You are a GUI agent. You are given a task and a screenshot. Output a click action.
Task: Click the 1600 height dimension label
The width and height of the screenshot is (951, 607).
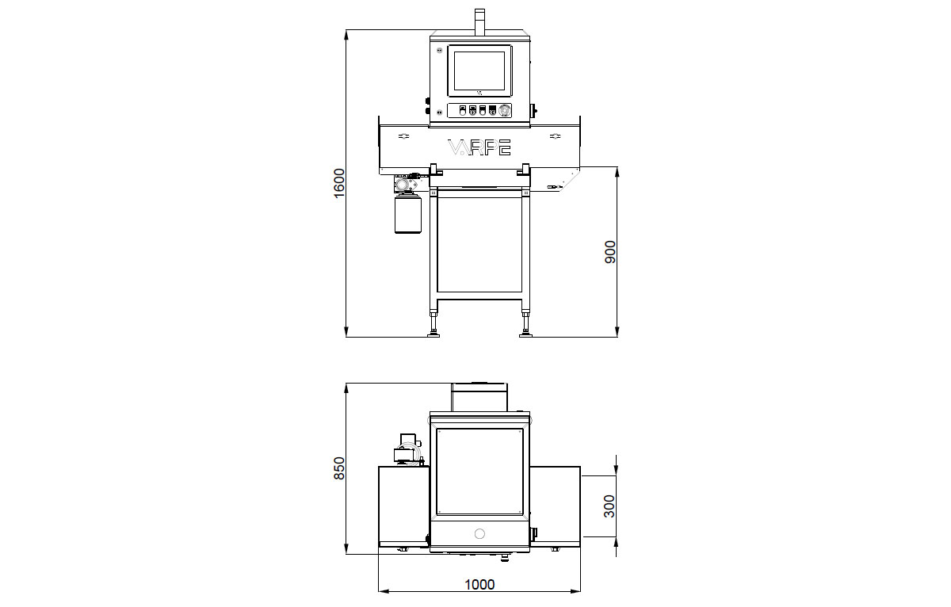pyautogui.click(x=339, y=183)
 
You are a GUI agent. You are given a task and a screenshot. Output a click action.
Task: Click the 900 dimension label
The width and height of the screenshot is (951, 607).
pyautogui.click(x=609, y=252)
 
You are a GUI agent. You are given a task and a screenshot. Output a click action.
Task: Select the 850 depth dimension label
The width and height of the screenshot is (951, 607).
pyautogui.click(x=339, y=468)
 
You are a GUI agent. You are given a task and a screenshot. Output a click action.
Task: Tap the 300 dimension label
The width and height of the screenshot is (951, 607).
pyautogui.click(x=609, y=506)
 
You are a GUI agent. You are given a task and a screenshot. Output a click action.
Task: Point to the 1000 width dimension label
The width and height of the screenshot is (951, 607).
pyautogui.click(x=479, y=585)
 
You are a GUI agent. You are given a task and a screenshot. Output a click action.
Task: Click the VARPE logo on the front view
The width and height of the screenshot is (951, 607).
pyautogui.click(x=479, y=147)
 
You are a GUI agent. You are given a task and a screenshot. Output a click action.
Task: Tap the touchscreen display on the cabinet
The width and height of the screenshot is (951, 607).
pyautogui.click(x=479, y=71)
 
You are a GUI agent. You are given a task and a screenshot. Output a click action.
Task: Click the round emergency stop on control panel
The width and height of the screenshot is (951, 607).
pyautogui.click(x=504, y=110)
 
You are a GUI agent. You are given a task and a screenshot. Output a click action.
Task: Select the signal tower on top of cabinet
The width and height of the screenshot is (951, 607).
pyautogui.click(x=479, y=22)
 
